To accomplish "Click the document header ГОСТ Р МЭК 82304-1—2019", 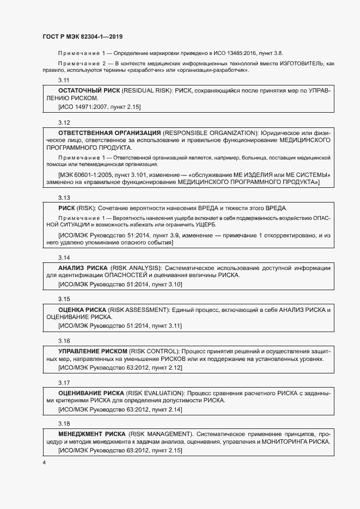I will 82,37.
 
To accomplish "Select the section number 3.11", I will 64,80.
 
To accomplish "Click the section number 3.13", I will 64,198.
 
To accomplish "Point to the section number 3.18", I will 64,422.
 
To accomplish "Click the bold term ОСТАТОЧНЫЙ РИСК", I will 89,89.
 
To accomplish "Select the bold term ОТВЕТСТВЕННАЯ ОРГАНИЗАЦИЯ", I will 109,133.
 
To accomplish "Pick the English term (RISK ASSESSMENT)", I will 139,309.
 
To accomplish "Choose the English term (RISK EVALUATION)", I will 156,392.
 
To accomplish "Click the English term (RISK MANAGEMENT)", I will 161,434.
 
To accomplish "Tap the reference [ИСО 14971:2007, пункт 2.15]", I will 99,107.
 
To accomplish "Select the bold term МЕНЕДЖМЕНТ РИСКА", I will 91,434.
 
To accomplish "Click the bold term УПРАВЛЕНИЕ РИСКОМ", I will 93,351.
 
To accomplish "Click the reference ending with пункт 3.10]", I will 120,284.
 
